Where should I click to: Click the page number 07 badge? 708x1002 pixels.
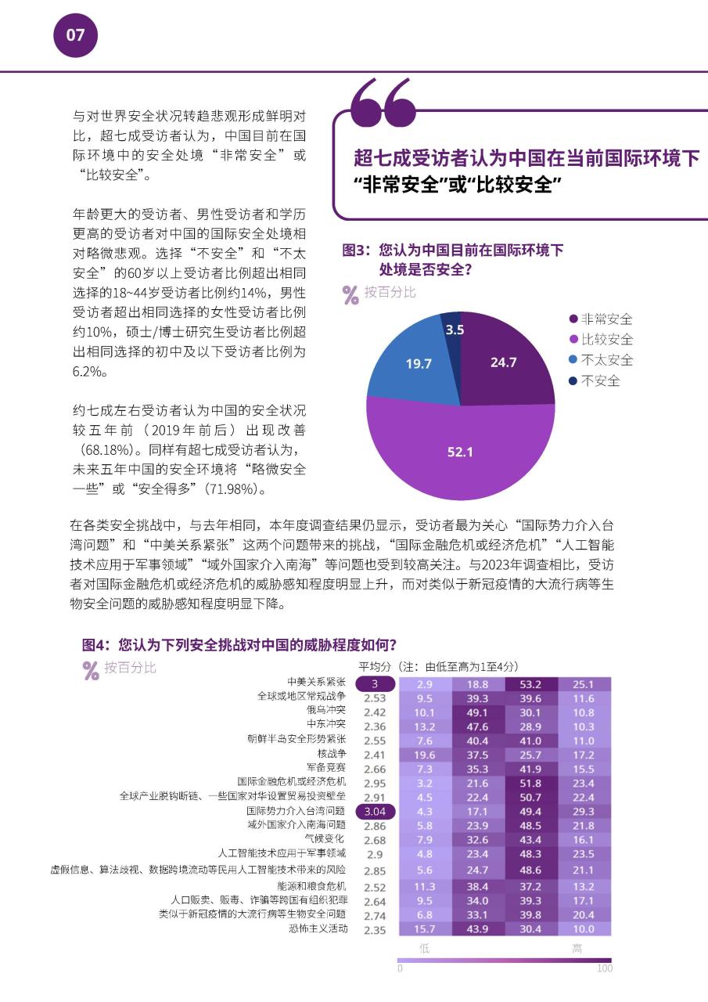(x=75, y=35)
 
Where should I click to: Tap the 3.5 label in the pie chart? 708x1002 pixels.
(x=455, y=330)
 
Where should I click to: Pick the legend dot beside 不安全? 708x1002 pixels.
(x=573, y=381)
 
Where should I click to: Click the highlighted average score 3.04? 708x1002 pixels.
(x=376, y=812)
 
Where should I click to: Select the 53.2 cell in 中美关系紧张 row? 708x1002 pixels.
(x=531, y=684)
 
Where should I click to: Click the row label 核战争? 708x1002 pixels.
(x=332, y=754)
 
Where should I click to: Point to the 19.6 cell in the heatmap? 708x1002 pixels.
(x=425, y=755)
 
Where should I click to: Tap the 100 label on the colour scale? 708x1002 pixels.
(x=604, y=968)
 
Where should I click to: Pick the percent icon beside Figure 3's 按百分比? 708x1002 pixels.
(x=351, y=294)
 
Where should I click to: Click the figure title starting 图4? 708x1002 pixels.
(x=239, y=646)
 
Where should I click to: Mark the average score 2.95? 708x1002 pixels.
(x=376, y=783)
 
